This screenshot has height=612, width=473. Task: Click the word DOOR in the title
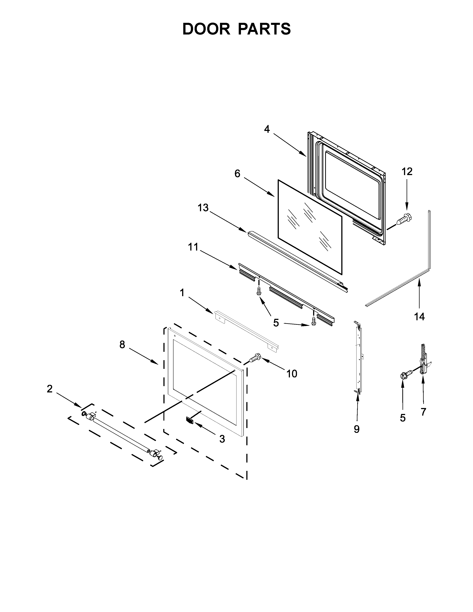point(206,29)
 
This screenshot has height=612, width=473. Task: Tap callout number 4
point(267,129)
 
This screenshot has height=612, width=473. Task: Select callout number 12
point(407,172)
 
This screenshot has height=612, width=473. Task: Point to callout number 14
point(419,317)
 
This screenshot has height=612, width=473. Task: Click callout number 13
point(203,208)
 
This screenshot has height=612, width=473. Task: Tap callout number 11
point(193,247)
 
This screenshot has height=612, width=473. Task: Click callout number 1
point(182,293)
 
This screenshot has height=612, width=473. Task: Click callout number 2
point(50,389)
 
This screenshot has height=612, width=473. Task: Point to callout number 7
point(423,412)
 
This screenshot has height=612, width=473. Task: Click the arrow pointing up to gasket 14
point(419,294)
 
